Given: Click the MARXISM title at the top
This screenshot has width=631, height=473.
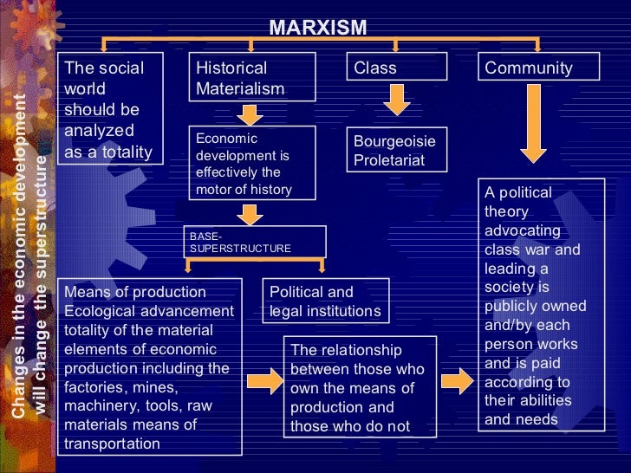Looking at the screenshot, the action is pyautogui.click(x=317, y=28).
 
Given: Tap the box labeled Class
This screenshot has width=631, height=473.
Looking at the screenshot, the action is pyautogui.click(x=398, y=68).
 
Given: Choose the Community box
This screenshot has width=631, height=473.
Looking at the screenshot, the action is pyautogui.click(x=538, y=68).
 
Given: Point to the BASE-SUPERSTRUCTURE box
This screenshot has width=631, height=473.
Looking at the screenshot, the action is pyautogui.click(x=255, y=242).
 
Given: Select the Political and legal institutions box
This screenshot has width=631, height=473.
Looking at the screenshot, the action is pyautogui.click(x=326, y=301).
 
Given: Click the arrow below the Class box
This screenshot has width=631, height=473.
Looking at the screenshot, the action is pyautogui.click(x=397, y=101).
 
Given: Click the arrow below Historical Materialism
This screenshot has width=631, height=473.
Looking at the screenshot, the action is pyautogui.click(x=250, y=113).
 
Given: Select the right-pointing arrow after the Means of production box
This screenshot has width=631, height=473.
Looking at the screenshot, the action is pyautogui.click(x=260, y=379).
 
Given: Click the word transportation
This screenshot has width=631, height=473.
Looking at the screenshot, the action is pyautogui.click(x=113, y=444).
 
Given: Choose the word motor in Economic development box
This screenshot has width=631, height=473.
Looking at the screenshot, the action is pyautogui.click(x=213, y=189).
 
